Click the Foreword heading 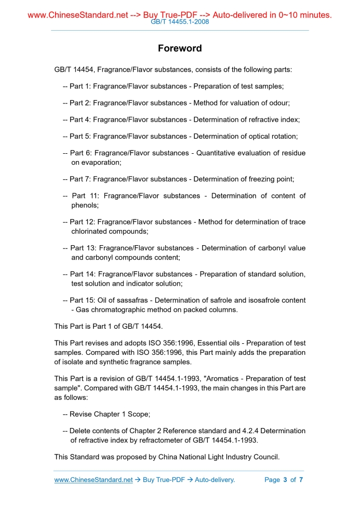coord(180,48)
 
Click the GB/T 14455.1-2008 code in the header coord(180,22)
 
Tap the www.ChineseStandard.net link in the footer coord(94,479)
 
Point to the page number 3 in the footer coord(285,479)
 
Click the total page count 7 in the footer coord(301,479)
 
